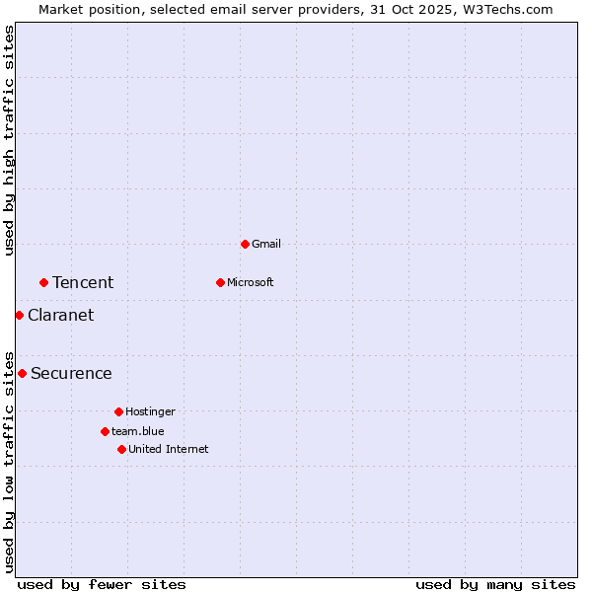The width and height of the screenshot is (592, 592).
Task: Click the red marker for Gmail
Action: pos(245,244)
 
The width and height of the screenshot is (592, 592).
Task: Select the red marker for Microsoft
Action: pos(220,282)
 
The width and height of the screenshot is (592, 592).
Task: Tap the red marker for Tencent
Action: pos(43,282)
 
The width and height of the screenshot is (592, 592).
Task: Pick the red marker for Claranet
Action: pos(19,315)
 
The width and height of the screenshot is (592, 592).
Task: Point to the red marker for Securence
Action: pos(22,373)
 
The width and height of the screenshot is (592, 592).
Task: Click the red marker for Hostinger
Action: pos(118,411)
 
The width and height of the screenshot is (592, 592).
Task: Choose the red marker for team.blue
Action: pos(105,431)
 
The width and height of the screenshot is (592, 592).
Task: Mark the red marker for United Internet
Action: pos(121,449)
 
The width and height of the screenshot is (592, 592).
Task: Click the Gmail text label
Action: pos(266,244)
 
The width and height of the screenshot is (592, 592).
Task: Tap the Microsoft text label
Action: pos(250,282)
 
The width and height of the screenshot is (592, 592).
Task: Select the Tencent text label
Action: pos(83,283)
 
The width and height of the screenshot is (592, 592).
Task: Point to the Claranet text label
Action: pos(60,316)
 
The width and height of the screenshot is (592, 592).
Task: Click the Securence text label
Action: pos(71,374)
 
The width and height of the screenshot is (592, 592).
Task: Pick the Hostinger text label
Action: pos(150,411)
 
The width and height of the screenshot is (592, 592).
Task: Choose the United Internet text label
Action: pos(168,449)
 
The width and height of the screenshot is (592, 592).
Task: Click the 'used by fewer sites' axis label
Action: pos(102,584)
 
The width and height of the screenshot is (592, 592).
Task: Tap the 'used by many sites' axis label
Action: pos(495,584)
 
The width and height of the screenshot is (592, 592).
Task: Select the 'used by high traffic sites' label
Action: pos(9,140)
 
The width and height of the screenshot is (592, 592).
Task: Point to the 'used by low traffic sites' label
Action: pos(9,461)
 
